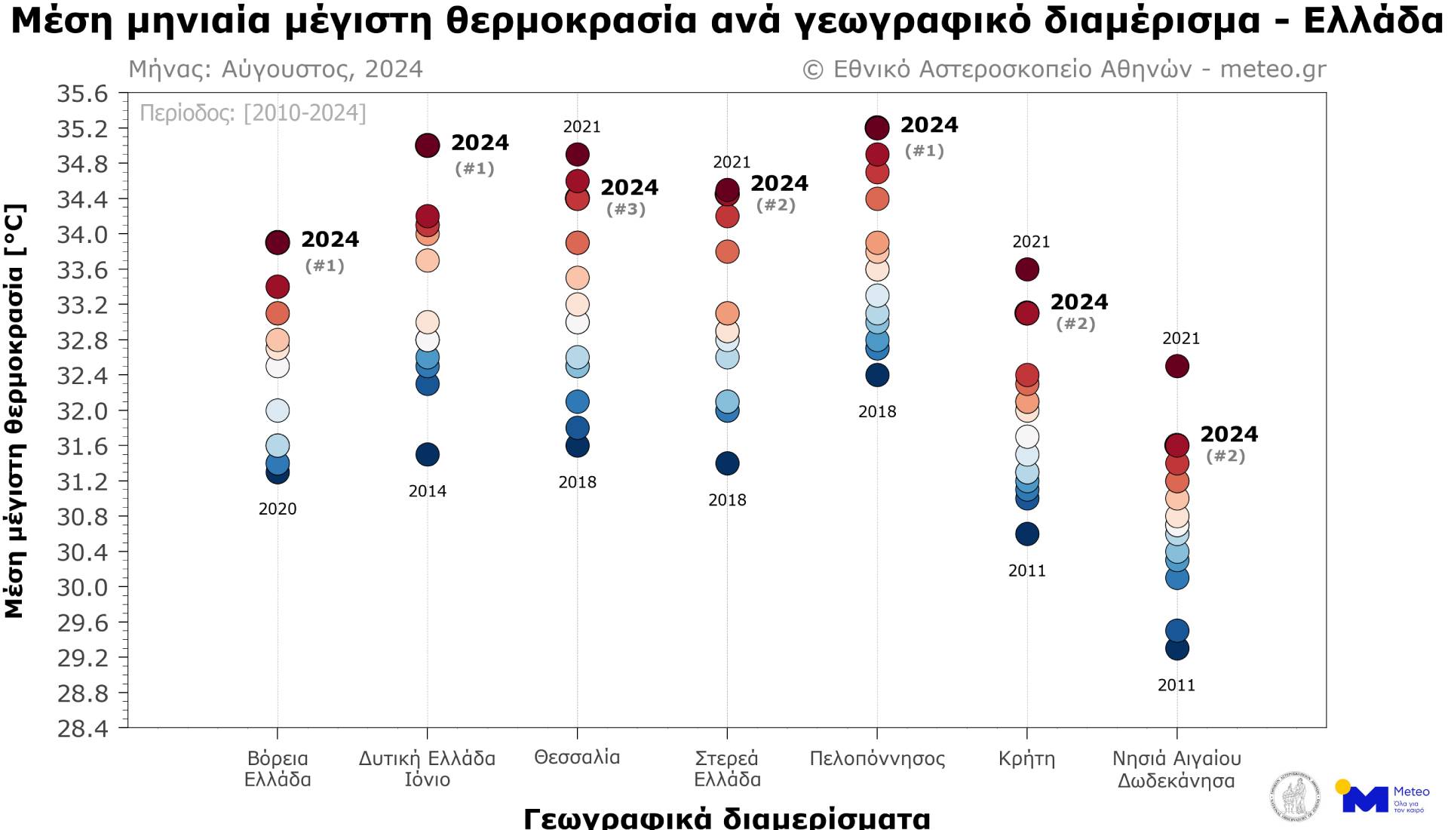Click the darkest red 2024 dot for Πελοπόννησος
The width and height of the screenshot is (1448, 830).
pyautogui.click(x=877, y=127)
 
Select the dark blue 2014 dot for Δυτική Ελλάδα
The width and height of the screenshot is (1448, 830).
pyautogui.click(x=428, y=454)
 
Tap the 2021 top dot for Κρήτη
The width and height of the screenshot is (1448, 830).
pyautogui.click(x=1027, y=269)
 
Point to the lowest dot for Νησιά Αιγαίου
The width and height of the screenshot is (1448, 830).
pyautogui.click(x=1177, y=648)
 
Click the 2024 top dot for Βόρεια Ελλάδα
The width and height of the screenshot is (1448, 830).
pyautogui.click(x=278, y=242)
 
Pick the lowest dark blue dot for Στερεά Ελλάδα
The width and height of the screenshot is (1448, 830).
pyautogui.click(x=727, y=463)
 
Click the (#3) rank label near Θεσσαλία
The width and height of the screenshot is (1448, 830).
pyautogui.click(x=626, y=209)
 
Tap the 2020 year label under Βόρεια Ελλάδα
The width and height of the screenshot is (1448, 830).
pyautogui.click(x=278, y=509)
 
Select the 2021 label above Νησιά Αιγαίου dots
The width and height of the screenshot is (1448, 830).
pyautogui.click(x=1181, y=339)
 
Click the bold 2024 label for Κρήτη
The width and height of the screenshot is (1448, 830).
pyautogui.click(x=1079, y=302)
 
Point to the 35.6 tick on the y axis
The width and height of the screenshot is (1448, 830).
pyautogui.click(x=83, y=94)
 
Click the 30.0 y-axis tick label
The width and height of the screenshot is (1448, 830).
pyautogui.click(x=83, y=587)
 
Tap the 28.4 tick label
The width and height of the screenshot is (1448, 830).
pyautogui.click(x=83, y=728)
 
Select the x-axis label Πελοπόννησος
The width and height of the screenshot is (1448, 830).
pyautogui.click(x=877, y=758)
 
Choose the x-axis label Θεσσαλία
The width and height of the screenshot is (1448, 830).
pyautogui.click(x=577, y=758)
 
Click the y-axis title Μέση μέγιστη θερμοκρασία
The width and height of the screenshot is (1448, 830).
pyautogui.click(x=15, y=411)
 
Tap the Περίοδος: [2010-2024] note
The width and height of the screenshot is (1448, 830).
pyautogui.click(x=253, y=113)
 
